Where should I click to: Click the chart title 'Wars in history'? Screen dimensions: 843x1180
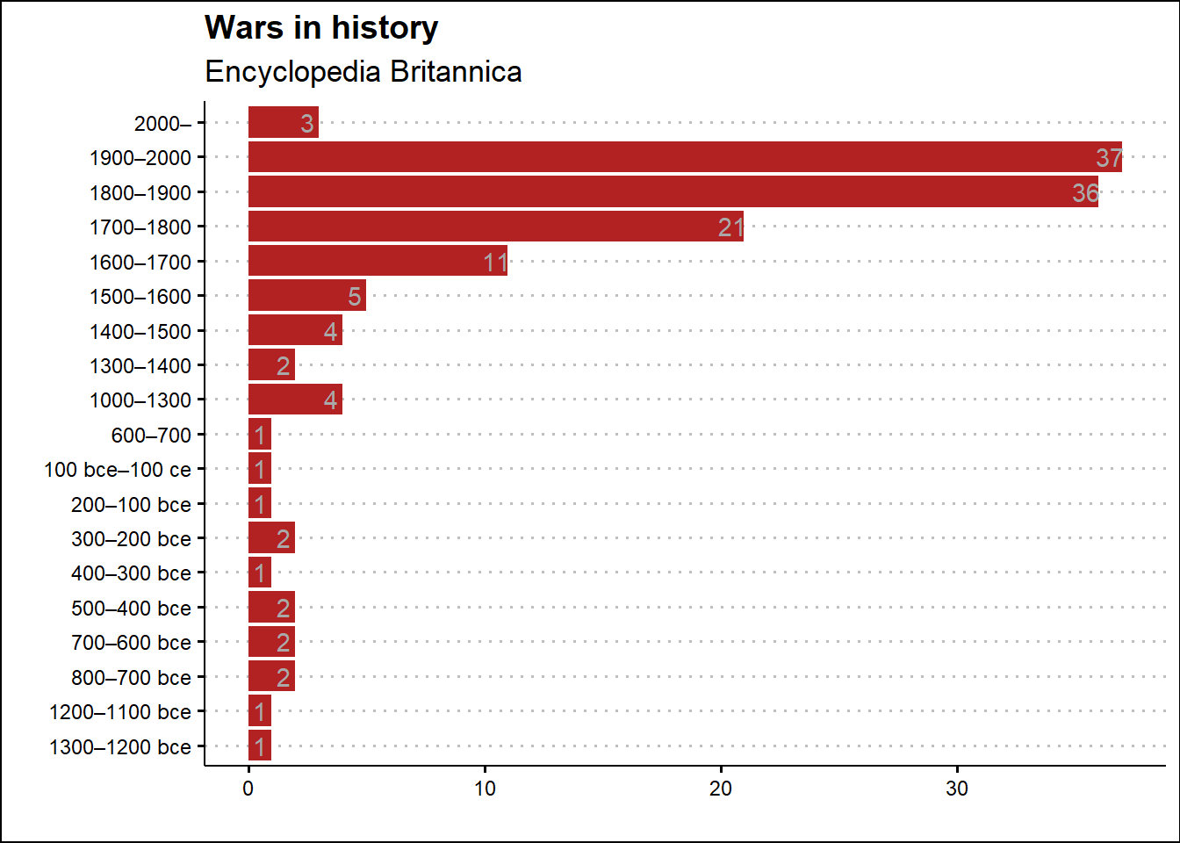(320, 28)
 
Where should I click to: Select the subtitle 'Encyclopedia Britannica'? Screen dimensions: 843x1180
(363, 71)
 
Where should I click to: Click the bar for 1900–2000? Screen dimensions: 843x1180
(684, 157)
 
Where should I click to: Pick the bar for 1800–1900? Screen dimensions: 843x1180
(673, 192)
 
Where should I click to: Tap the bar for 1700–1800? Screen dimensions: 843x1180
(495, 227)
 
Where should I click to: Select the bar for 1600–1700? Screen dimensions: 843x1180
(378, 262)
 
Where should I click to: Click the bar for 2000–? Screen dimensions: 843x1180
(283, 123)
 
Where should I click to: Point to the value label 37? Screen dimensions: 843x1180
(1108, 158)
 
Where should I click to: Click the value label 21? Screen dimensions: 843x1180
(730, 227)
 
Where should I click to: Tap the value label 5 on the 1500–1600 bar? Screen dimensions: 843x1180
(354, 297)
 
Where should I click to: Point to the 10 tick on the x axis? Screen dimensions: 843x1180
(485, 789)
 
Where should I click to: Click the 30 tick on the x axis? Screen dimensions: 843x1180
(957, 789)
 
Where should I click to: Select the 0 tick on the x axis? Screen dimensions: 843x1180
(248, 789)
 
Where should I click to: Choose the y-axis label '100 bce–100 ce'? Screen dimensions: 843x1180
(118, 470)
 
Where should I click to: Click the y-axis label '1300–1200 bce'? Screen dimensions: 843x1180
(120, 747)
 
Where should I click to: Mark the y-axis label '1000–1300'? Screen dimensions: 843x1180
(140, 400)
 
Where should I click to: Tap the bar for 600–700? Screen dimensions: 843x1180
(260, 435)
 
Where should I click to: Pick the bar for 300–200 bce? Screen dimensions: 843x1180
(271, 538)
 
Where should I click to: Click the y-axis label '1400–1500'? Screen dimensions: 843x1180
(140, 331)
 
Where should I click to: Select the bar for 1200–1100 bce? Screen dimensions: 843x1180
(260, 711)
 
